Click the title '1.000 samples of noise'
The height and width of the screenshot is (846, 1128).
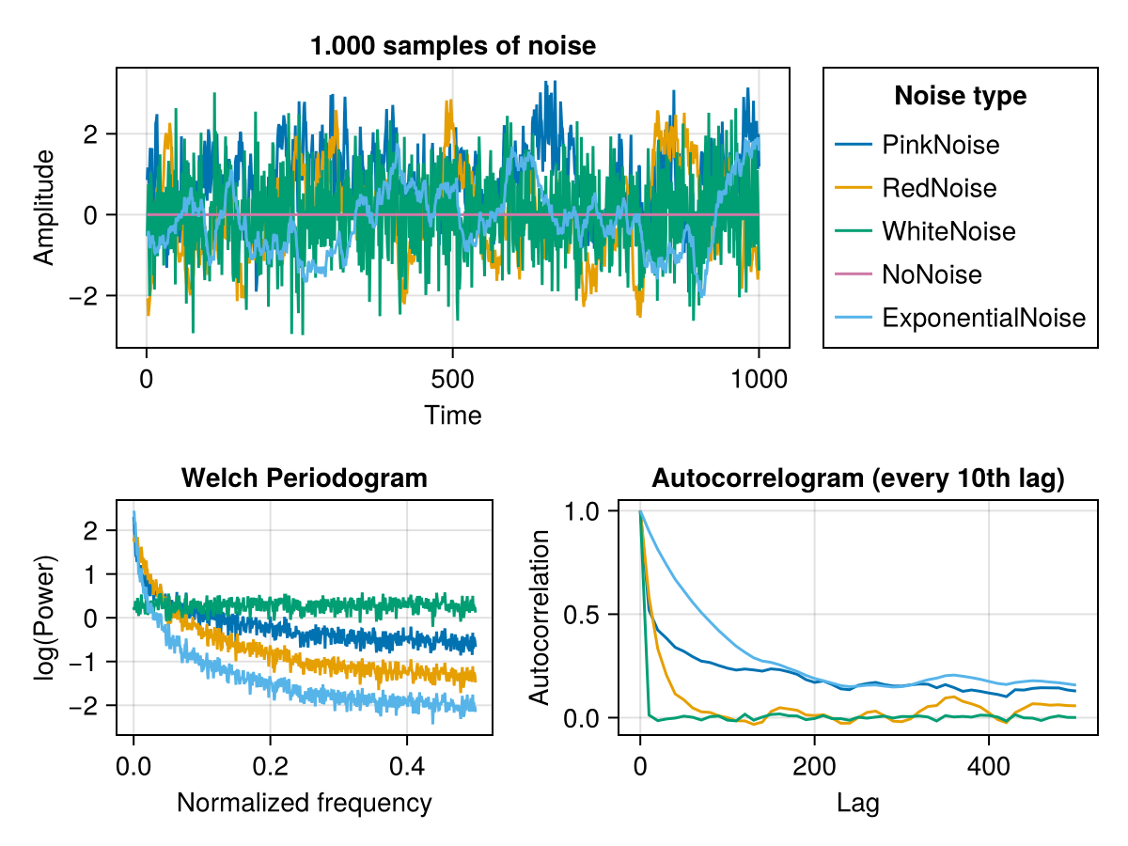(x=453, y=45)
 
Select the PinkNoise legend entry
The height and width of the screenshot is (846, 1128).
(x=940, y=145)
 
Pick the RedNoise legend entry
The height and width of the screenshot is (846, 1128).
(x=938, y=188)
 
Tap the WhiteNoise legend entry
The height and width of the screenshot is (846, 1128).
(x=948, y=231)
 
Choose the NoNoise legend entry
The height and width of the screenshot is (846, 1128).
(x=932, y=274)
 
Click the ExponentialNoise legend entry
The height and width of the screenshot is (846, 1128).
(x=983, y=318)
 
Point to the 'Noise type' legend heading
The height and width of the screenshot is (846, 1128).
(x=960, y=96)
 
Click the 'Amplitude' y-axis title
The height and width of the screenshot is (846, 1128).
(x=43, y=208)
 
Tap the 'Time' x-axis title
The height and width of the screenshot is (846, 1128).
(x=453, y=415)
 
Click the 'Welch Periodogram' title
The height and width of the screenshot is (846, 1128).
(x=304, y=478)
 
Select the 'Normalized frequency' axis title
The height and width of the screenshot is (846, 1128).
(x=304, y=803)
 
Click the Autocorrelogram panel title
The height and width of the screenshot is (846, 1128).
(x=857, y=478)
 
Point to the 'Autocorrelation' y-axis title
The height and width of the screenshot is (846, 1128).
(x=540, y=617)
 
